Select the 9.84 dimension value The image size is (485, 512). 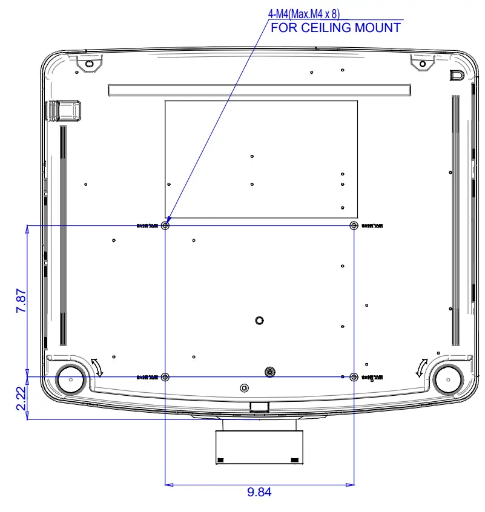tap(259, 492)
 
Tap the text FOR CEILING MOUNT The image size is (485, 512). tap(335, 28)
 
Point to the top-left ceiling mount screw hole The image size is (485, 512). tap(167, 226)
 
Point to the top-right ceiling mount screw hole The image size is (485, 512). tap(354, 226)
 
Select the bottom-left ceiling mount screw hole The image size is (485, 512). tap(167, 377)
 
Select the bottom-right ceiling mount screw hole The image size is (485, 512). tap(354, 377)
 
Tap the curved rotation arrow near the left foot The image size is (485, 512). tap(97, 366)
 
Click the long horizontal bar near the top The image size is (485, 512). tap(259, 90)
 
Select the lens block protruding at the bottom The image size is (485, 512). tap(259, 447)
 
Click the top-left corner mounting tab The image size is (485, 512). tap(88, 62)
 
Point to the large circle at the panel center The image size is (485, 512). tap(259, 320)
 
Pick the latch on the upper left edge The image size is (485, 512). tap(65, 110)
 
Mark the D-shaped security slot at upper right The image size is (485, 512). tap(457, 75)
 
